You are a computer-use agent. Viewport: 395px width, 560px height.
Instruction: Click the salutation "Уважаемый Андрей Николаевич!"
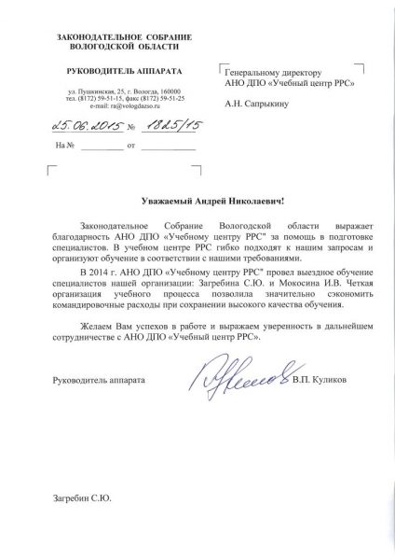pos(201,201)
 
